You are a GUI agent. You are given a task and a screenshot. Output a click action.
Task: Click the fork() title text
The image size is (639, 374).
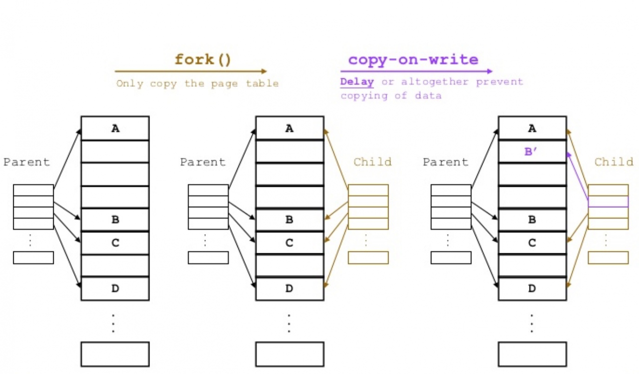tap(203, 60)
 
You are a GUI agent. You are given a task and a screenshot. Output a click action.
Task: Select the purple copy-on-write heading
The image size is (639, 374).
tap(413, 59)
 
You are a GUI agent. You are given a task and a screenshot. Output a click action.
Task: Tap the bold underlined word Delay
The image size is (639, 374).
tap(357, 81)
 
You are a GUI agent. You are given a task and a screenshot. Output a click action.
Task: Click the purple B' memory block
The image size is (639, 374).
tap(532, 151)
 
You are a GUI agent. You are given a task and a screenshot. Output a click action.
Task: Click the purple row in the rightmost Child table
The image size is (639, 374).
tap(608, 201)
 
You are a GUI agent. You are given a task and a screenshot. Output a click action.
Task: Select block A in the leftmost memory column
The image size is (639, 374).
tap(115, 128)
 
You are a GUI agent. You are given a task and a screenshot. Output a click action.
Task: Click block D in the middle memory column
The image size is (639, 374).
tap(290, 288)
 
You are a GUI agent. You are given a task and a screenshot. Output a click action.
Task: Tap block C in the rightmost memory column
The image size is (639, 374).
tap(532, 243)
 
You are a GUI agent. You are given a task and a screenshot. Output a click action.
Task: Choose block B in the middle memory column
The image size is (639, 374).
tap(290, 219)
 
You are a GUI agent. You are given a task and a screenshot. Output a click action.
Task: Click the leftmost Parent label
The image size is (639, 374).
tap(27, 162)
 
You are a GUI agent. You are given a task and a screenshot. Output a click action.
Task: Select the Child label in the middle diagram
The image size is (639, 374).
tap(372, 162)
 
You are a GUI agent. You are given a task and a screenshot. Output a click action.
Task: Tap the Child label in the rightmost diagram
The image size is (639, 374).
tap(614, 162)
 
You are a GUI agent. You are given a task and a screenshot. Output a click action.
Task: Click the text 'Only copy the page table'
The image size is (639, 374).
tap(197, 83)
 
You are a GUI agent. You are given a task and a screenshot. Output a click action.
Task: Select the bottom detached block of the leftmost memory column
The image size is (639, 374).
tap(115, 354)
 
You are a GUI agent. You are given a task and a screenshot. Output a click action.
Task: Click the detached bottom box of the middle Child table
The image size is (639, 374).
tap(368, 257)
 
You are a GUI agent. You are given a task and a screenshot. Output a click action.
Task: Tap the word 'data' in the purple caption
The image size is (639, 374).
tap(428, 95)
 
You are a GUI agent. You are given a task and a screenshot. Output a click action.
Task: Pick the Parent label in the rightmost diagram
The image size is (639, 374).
tap(445, 162)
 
